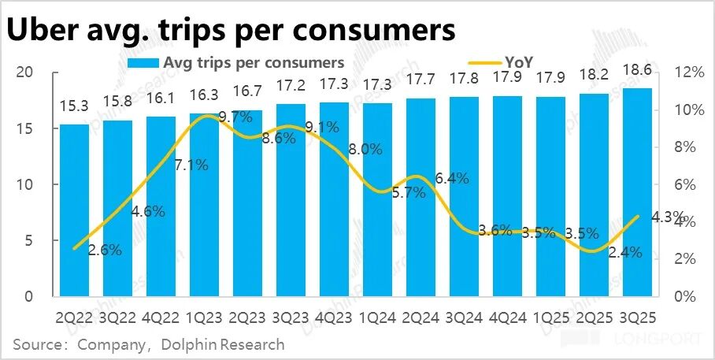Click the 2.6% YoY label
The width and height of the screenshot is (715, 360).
pyautogui.click(x=105, y=251)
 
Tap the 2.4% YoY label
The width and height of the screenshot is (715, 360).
pyautogui.click(x=626, y=253)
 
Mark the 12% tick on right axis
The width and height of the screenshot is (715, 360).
pyautogui.click(x=688, y=72)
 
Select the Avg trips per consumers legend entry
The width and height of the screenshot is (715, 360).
pyautogui.click(x=236, y=61)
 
